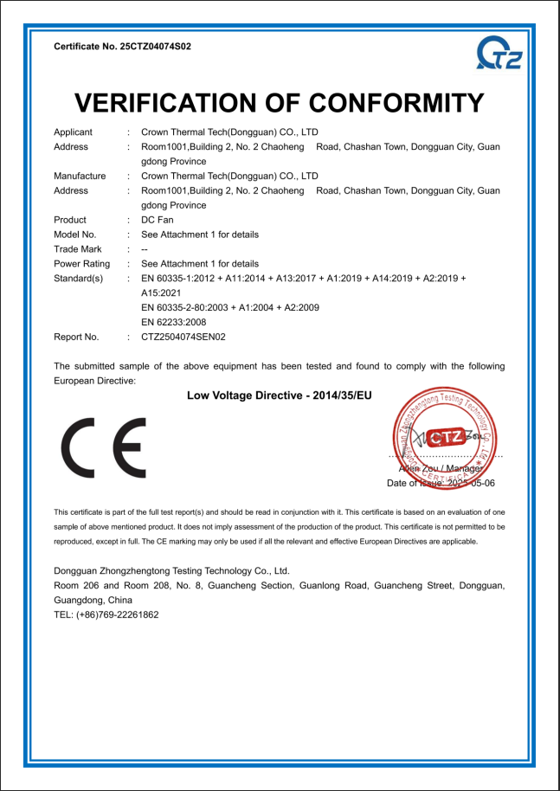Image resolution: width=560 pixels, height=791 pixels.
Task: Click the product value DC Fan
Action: (x=156, y=220)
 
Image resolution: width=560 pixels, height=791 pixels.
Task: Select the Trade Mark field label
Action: (x=78, y=249)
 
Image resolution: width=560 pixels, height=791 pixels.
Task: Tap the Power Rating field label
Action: (x=81, y=264)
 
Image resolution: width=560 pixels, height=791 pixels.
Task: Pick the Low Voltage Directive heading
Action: (x=279, y=395)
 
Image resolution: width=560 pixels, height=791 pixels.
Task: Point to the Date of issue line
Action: (x=441, y=483)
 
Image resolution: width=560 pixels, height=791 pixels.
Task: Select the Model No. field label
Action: (x=75, y=235)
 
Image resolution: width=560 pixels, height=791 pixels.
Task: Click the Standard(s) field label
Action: (x=79, y=279)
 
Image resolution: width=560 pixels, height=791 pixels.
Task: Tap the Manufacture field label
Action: (x=80, y=176)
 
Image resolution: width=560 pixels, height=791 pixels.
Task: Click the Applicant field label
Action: (x=74, y=132)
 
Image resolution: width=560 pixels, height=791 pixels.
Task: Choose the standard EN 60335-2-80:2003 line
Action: (x=230, y=307)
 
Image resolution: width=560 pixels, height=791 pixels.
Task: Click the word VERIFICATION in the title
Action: (x=173, y=103)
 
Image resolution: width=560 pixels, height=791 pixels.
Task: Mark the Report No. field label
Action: (x=76, y=337)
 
